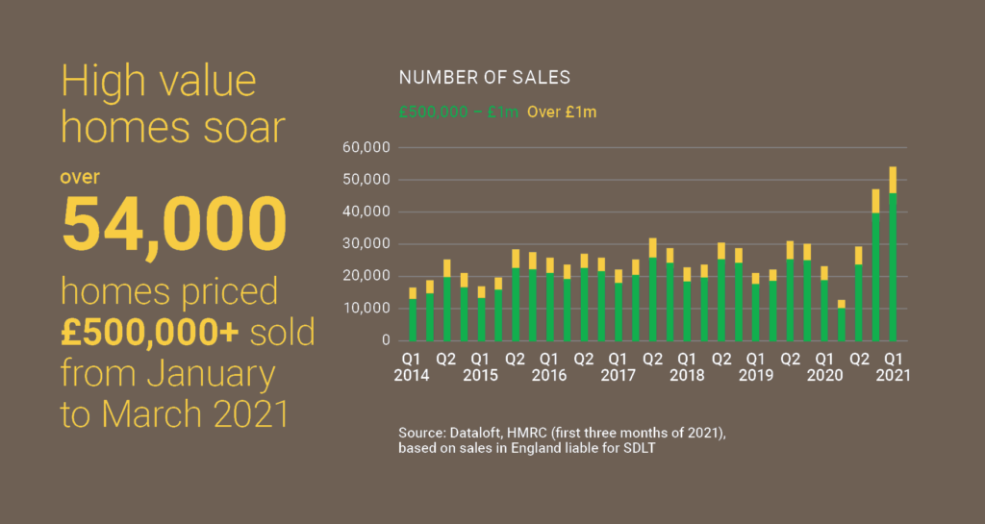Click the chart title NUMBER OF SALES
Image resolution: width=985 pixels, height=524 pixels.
(x=485, y=77)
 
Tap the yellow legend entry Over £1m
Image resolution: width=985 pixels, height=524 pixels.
(x=562, y=112)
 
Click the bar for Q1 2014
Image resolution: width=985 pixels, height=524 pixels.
(x=413, y=315)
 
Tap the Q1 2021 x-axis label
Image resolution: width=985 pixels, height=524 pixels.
(x=893, y=367)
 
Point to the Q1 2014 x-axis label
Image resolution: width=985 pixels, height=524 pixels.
(x=413, y=367)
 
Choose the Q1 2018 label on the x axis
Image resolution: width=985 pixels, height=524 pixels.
(x=687, y=367)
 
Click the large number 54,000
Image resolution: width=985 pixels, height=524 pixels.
(x=174, y=223)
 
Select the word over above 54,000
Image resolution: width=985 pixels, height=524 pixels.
(x=80, y=178)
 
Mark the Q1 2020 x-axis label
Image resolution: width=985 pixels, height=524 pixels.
(x=824, y=367)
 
